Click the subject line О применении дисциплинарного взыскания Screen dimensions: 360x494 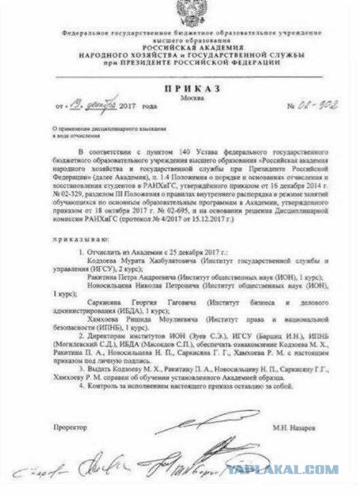click(x=99, y=129)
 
